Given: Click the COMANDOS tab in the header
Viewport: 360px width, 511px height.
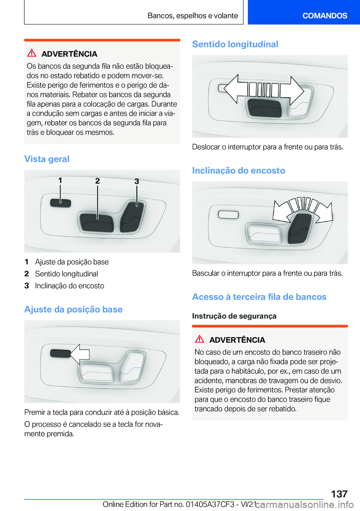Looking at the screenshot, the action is click(325, 15).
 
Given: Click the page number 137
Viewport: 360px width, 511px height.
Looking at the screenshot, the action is click(339, 494).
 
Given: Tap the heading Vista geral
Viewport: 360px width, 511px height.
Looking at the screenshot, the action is click(47, 159).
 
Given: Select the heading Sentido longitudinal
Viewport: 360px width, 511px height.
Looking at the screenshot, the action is click(235, 44).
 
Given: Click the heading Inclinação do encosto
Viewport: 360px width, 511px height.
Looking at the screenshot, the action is click(238, 170).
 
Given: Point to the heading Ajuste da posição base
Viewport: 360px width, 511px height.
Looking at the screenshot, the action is click(73, 309).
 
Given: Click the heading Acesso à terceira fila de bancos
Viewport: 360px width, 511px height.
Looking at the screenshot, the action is click(259, 296).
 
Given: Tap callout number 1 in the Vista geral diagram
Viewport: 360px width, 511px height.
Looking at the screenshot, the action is click(60, 180).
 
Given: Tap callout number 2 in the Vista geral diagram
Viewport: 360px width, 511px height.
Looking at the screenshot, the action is click(97, 181).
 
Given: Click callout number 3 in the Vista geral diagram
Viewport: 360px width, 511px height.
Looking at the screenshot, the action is click(136, 181).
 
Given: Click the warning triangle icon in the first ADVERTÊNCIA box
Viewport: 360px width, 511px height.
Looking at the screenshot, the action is click(32, 53).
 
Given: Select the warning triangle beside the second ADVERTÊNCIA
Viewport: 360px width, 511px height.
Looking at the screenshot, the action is click(199, 339).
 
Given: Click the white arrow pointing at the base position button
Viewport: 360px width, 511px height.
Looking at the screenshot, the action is click(80, 354).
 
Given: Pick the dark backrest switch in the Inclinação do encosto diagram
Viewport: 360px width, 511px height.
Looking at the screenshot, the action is click(299, 228).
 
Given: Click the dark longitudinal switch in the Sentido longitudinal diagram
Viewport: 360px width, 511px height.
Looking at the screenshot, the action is click(264, 108).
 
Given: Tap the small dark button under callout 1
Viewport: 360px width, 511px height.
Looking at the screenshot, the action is click(60, 203).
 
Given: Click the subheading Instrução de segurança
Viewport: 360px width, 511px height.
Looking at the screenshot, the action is click(234, 316).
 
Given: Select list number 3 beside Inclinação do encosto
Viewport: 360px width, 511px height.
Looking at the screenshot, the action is click(27, 286).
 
